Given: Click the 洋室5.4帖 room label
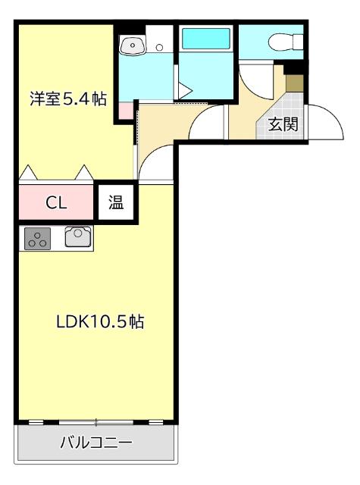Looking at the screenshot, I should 68,99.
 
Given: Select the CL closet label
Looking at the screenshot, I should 57,202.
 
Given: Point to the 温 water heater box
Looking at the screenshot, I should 117,202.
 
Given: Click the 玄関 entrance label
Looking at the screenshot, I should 282,124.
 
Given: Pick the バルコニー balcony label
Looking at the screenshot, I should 96,443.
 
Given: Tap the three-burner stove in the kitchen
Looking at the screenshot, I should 37,239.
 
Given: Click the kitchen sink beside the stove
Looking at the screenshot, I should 78,238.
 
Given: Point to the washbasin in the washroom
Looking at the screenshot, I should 133,46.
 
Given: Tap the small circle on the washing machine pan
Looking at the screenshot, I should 159,47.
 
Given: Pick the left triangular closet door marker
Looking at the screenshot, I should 28,174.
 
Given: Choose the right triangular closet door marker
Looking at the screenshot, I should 83,174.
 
